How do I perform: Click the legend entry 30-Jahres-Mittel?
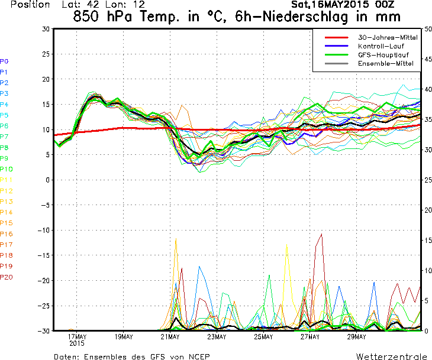coord(388,37)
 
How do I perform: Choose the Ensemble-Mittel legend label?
coord(385,63)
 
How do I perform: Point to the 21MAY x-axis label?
coord(170,337)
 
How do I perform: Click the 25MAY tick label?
coord(263,337)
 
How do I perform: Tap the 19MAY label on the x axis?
coord(123,337)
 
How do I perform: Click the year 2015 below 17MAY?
coord(77,343)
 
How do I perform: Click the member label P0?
coord(4,61)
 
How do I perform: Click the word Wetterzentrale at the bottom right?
coord(392,356)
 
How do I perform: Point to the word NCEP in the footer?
coord(198,356)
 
